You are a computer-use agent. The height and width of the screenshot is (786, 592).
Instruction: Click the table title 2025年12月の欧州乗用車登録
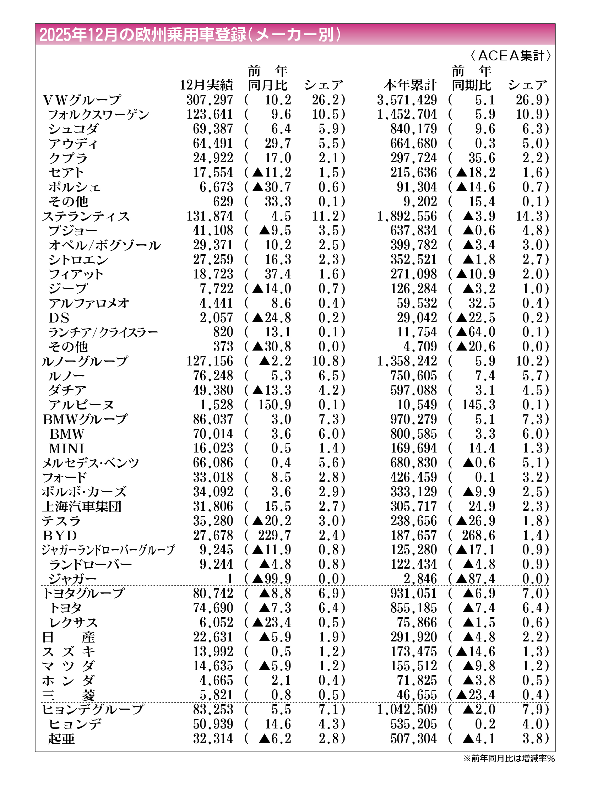pos(190,35)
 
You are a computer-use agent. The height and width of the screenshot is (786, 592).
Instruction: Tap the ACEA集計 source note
pos(511,56)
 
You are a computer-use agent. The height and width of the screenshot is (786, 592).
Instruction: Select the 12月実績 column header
pos(206,85)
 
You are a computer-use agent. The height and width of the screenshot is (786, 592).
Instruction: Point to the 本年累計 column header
pos(410,85)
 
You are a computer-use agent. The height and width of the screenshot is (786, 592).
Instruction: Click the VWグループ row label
pos(82,100)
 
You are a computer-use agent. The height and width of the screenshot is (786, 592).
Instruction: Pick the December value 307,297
pos(210,100)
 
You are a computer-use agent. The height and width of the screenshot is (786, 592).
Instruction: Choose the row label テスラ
pos(61,521)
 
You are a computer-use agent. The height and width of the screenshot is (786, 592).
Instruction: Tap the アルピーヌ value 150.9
pos(274,405)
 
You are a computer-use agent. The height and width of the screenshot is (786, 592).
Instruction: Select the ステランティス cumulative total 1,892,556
pos(407,216)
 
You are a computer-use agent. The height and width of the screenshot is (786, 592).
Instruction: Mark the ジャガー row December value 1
pos(230,579)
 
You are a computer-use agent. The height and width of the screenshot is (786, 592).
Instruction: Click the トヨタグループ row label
pos(83,593)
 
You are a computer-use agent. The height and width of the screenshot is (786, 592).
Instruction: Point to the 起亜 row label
pos(61,739)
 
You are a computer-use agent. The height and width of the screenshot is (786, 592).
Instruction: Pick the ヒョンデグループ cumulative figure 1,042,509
pos(407,710)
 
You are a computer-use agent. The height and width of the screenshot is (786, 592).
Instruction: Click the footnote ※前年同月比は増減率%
pos(509,759)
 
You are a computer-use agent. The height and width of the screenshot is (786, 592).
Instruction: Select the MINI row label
pos(67,449)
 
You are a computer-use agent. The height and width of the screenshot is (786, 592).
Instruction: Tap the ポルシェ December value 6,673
pos(216,187)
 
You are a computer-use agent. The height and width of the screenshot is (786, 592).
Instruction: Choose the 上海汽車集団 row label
pos(82,507)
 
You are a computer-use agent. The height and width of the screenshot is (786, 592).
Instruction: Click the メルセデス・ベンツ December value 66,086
pos(213,463)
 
